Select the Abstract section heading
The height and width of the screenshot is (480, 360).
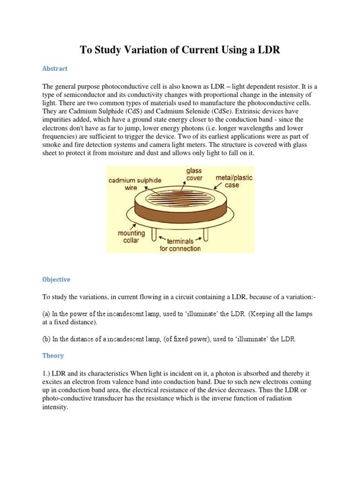pos(55,68)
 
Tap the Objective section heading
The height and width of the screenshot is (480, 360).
pos(56,279)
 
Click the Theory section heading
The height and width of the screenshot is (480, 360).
pos(53,356)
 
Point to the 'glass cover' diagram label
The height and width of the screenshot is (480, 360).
pos(194,175)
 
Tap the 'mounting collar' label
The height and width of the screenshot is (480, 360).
pos(131,237)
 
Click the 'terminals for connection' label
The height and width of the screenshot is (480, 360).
pos(180,245)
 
